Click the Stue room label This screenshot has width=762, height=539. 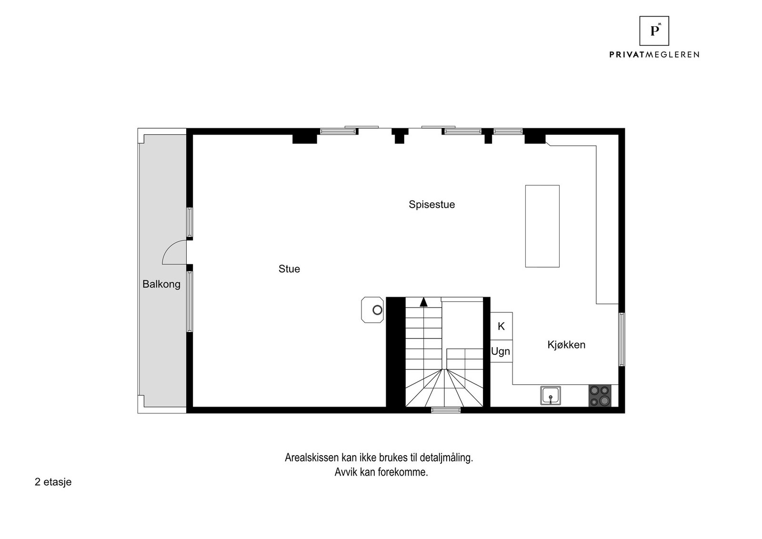289,269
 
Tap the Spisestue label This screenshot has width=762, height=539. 431,205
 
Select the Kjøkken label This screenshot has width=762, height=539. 566,345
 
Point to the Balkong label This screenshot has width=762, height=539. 161,284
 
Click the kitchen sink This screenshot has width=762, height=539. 550,396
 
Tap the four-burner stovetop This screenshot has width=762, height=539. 600,396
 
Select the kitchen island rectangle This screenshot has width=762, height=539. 542,226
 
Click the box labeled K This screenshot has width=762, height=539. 501,326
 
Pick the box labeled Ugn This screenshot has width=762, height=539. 501,351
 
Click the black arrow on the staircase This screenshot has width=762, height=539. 423,302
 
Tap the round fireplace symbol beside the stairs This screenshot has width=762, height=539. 377,310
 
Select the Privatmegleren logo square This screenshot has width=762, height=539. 654,30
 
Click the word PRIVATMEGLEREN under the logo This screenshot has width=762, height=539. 654,55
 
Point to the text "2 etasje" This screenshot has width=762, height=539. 53,482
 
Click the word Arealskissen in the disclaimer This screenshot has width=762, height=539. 312,458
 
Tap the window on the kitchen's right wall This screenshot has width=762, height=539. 622,339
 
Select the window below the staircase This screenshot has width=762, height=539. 446,409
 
